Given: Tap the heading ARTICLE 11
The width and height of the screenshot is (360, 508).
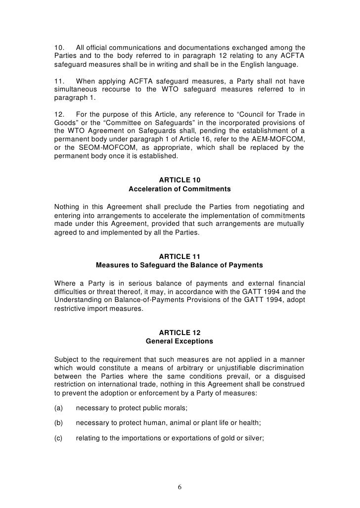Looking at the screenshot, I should coord(180,256).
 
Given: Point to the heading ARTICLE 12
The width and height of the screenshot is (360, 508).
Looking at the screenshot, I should coord(180,333).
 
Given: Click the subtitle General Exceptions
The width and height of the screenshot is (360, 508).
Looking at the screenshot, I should coord(180,341).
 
